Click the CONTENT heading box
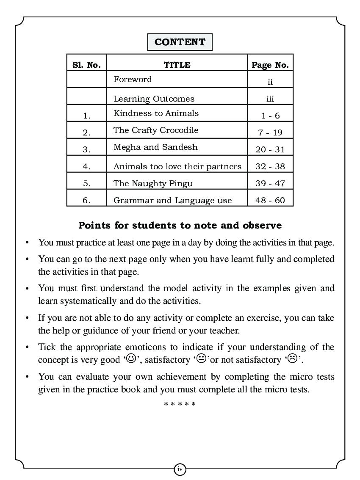point(180,42)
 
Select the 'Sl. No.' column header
point(86,65)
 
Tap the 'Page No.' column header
point(270,65)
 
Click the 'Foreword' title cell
point(133,79)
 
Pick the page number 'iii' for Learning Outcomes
point(270,99)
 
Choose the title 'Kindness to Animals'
point(156,113)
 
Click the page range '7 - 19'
point(270,132)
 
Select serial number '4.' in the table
point(86,166)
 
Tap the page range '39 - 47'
point(270,183)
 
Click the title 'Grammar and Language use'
point(172,200)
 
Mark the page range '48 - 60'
point(270,200)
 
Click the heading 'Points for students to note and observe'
point(180,225)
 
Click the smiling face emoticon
point(131,359)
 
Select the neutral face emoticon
point(201,359)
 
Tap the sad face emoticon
point(292,359)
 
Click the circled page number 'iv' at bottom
point(180,469)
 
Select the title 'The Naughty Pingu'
point(153,183)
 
